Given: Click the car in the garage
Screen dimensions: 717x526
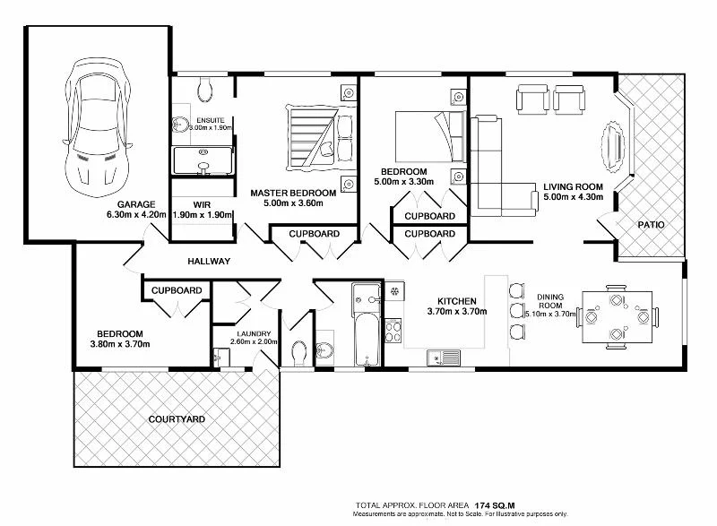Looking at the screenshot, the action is pos(98,128).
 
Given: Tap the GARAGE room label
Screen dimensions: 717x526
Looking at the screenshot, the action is pos(136,204).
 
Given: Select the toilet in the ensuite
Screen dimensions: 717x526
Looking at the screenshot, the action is pos(205,89).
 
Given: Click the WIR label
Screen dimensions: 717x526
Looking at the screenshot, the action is pos(202,204).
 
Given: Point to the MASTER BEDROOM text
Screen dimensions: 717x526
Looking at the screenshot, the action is pos(293,194).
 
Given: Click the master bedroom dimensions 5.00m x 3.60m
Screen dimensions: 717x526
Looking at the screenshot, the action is pos(293,203).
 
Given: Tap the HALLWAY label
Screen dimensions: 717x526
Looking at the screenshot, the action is pos(209,262).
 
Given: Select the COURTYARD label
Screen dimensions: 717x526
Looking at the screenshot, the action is pos(177,419).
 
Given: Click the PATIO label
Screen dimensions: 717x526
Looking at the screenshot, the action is pos(652,225).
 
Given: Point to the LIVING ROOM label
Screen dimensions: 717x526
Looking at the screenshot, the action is pos(573,187).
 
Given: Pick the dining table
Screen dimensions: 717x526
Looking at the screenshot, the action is pos(617,317).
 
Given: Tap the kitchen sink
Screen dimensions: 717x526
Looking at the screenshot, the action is pos(444,358).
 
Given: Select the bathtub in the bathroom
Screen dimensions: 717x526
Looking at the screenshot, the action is pos(367,339).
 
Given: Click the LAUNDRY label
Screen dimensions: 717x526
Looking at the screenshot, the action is pos(254,334).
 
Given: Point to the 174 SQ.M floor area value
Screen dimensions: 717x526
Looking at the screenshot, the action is pos(495,505).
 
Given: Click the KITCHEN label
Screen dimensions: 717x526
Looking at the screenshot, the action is pos(457,302).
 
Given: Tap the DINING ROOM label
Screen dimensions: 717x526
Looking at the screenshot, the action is pos(550,301).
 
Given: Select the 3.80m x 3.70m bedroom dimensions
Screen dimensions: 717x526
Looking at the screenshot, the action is pos(120,344).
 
